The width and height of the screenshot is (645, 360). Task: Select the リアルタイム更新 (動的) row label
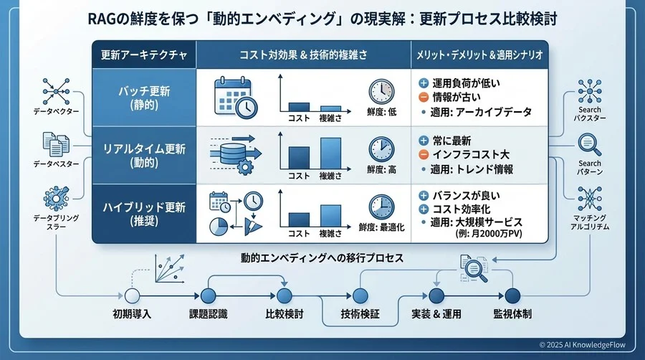pos(143,155)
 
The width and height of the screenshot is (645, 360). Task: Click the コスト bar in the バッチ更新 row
pos(297,105)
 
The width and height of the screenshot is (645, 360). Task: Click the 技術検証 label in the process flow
pos(356,314)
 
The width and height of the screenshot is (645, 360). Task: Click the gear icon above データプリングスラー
pos(55,196)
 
